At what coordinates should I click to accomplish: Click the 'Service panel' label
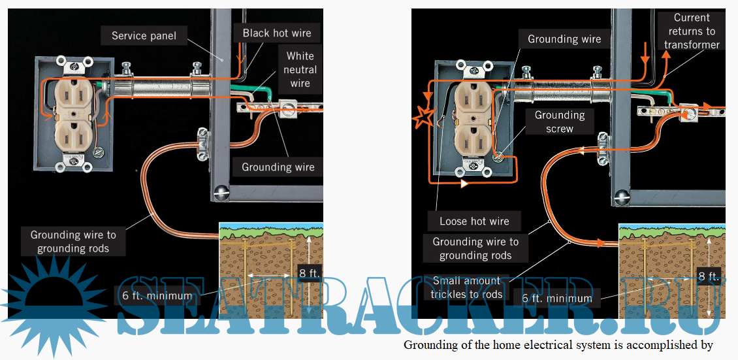point(144,36)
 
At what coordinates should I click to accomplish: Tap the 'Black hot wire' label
point(277,33)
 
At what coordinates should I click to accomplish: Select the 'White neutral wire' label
point(300,70)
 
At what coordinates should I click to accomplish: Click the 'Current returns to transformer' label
point(692,31)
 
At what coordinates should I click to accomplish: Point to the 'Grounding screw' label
point(560,122)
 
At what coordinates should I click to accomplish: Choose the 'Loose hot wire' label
point(474,221)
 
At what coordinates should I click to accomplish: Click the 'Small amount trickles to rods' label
point(466,287)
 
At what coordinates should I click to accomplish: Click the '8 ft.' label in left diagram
point(310,273)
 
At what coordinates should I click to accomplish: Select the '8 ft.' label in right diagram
point(709,276)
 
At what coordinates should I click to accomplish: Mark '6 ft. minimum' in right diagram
point(557,299)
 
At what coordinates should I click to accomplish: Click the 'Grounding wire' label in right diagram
point(564,39)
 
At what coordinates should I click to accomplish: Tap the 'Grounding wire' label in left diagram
point(278,167)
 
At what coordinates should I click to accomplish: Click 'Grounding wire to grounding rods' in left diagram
point(73,241)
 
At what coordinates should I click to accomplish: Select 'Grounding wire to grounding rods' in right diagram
point(475,248)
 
